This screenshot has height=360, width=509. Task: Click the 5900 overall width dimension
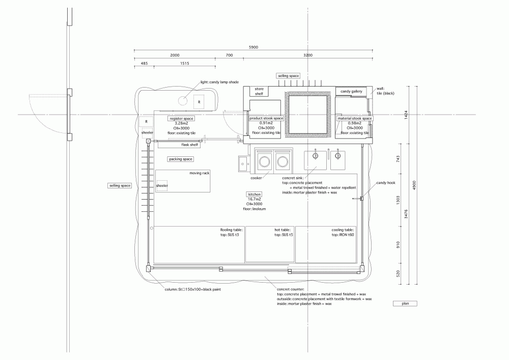click(253, 47)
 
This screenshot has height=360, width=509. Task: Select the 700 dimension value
click(229, 55)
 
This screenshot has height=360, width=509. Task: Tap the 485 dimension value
click(144, 63)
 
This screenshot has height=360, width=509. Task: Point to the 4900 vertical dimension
click(414, 185)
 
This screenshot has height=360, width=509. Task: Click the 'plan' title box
click(405, 303)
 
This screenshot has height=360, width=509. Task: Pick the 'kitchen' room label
click(254, 195)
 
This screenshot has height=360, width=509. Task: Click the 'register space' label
click(181, 119)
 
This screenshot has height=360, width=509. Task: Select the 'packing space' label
click(181, 159)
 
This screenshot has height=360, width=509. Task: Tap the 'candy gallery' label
click(351, 92)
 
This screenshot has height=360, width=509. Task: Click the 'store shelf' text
click(259, 91)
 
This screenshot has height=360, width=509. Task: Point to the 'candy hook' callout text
click(386, 183)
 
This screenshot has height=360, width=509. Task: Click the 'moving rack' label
click(200, 173)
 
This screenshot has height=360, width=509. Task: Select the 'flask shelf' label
click(189, 145)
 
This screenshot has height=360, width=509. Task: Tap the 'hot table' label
click(282, 230)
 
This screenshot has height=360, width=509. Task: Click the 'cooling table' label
click(343, 230)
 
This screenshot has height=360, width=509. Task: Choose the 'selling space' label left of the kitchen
click(120, 186)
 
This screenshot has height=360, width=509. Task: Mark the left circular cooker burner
click(264, 161)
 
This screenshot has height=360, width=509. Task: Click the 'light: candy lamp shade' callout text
click(219, 82)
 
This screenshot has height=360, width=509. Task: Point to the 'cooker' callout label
click(256, 178)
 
